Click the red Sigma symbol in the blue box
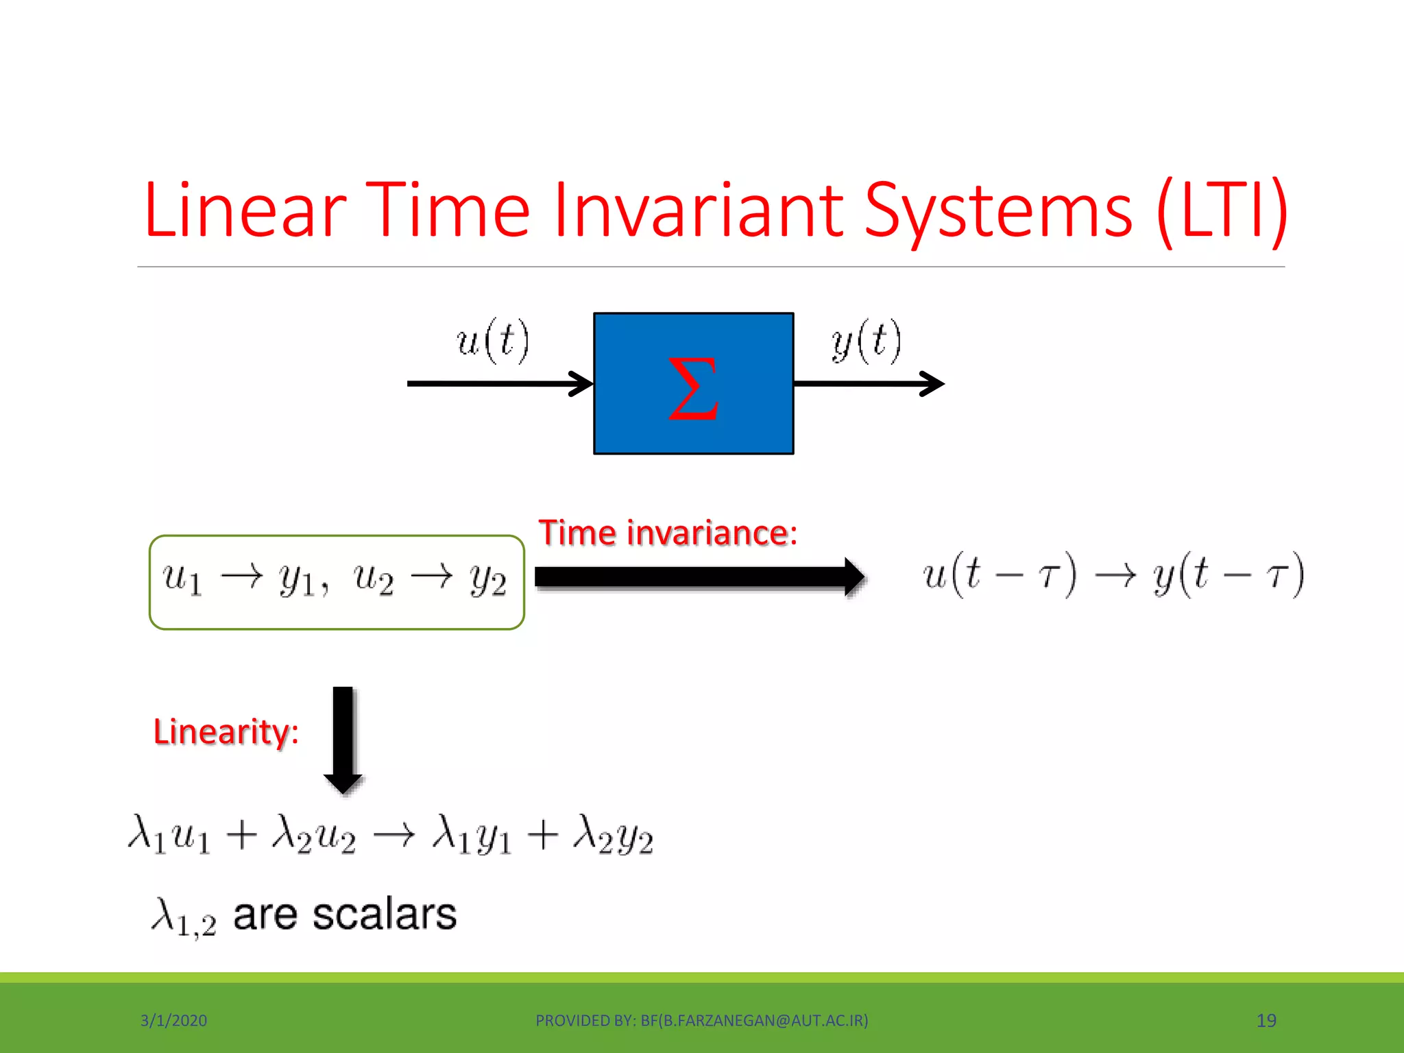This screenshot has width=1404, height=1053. pyautogui.click(x=693, y=388)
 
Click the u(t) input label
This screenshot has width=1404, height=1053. pyautogui.click(x=493, y=341)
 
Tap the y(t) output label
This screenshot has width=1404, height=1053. pyautogui.click(x=866, y=341)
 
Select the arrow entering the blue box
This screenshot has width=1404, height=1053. pyautogui.click(x=500, y=383)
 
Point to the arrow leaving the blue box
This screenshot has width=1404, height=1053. pyautogui.click(x=869, y=383)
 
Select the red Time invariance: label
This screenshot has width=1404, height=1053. pyautogui.click(x=668, y=533)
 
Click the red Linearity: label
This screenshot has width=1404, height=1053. pyautogui.click(x=226, y=731)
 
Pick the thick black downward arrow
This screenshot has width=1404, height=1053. pyautogui.click(x=343, y=739)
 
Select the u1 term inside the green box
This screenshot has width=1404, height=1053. pyautogui.click(x=182, y=579)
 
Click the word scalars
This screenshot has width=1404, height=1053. pyautogui.click(x=384, y=915)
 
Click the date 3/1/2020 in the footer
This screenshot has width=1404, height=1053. pyautogui.click(x=173, y=1021)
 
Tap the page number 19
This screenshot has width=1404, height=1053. pyautogui.click(x=1266, y=1021)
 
